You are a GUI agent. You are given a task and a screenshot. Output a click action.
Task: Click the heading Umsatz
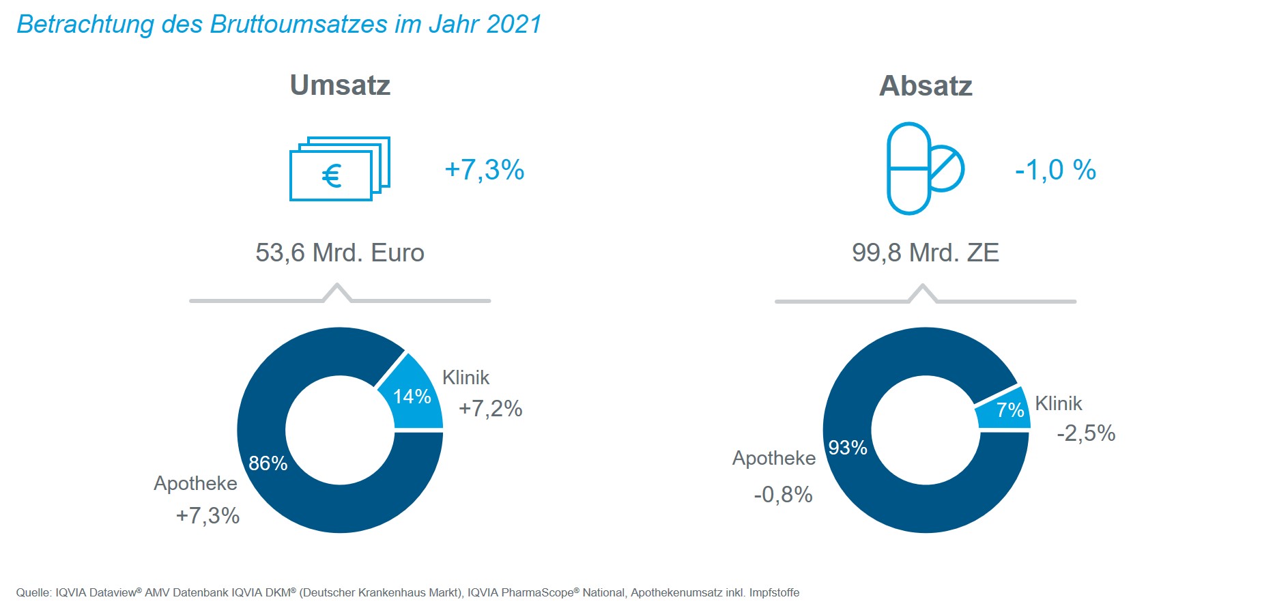click(x=340, y=85)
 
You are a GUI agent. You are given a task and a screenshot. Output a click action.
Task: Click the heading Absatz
click(x=926, y=86)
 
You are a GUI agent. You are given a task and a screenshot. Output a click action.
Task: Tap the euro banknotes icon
click(x=339, y=169)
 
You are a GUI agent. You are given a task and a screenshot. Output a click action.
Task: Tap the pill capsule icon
click(x=924, y=169)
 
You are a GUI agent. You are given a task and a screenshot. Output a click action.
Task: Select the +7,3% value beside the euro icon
click(x=484, y=169)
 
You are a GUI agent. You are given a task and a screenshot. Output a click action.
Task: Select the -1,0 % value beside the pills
click(x=1055, y=170)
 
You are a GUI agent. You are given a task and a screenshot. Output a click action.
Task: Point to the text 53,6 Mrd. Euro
click(x=340, y=252)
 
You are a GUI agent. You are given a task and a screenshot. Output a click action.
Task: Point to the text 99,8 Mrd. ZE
click(x=925, y=252)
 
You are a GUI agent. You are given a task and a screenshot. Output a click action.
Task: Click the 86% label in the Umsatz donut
click(x=268, y=463)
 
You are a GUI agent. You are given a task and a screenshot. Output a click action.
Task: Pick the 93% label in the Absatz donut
click(x=848, y=448)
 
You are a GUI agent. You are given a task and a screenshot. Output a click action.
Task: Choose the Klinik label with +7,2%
click(x=465, y=377)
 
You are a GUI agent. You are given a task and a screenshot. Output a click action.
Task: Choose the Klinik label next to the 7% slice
click(x=1058, y=403)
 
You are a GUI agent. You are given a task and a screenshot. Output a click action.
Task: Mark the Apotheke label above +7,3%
click(x=195, y=483)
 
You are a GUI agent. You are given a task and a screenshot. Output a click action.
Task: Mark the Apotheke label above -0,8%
click(x=773, y=458)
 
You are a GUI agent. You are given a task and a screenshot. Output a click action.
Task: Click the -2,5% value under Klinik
click(x=1086, y=433)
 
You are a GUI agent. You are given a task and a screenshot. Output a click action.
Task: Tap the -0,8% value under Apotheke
click(x=783, y=495)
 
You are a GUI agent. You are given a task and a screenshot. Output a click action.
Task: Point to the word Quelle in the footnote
click(x=33, y=592)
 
